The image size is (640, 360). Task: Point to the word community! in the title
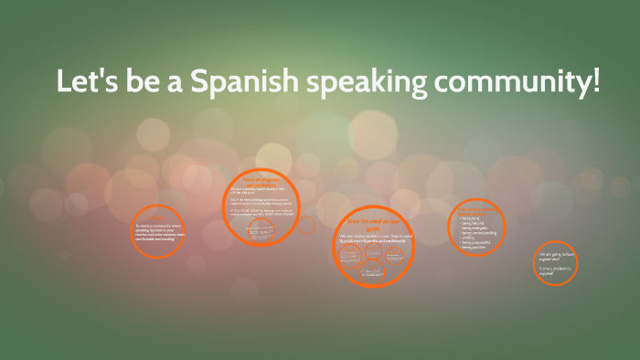[517, 82]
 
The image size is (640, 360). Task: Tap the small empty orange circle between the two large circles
[307, 224]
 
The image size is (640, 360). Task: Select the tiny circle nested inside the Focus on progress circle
[261, 229]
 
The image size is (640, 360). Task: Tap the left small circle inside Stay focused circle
[349, 256]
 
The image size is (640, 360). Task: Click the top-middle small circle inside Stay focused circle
[374, 250]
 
